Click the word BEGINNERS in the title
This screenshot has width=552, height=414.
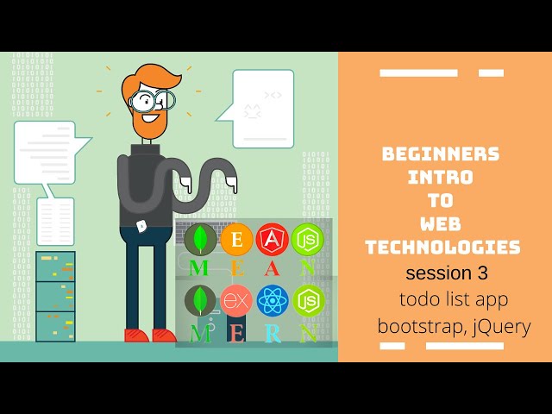(x=441, y=154)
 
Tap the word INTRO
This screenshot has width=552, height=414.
(x=441, y=178)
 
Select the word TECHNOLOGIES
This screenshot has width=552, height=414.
(x=443, y=248)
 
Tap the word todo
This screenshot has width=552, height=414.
(x=416, y=300)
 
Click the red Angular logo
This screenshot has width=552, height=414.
(x=273, y=239)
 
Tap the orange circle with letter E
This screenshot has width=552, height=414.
(x=236, y=239)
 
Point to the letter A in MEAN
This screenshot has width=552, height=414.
(x=273, y=269)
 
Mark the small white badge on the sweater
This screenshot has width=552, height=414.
(x=141, y=225)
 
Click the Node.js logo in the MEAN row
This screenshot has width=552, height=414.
(x=307, y=239)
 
